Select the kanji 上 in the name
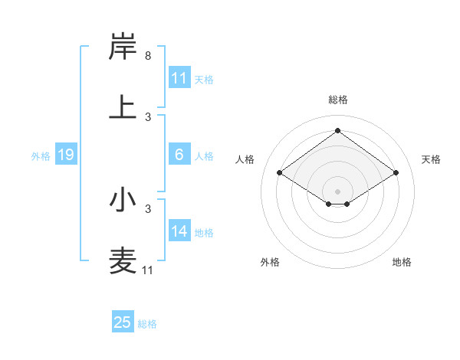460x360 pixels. (x=123, y=106)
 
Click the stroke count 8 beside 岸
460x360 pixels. (x=148, y=56)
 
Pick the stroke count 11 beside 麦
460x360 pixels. (x=148, y=270)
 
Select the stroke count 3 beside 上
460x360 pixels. (x=148, y=117)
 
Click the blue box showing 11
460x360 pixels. (x=179, y=77)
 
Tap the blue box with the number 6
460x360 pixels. (x=179, y=155)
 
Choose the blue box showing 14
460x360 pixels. (x=179, y=231)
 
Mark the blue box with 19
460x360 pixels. (x=66, y=155)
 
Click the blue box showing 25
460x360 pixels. (x=123, y=322)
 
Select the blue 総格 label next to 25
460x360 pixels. (x=147, y=324)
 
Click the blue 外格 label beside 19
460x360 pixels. (x=41, y=156)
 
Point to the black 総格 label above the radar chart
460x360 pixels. (x=338, y=100)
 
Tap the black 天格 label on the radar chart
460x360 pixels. (x=431, y=159)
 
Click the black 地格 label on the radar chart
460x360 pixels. (x=402, y=262)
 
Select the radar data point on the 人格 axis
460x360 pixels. (x=280, y=173)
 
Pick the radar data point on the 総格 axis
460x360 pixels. (x=337, y=131)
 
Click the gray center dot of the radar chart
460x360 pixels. (x=337, y=191)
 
